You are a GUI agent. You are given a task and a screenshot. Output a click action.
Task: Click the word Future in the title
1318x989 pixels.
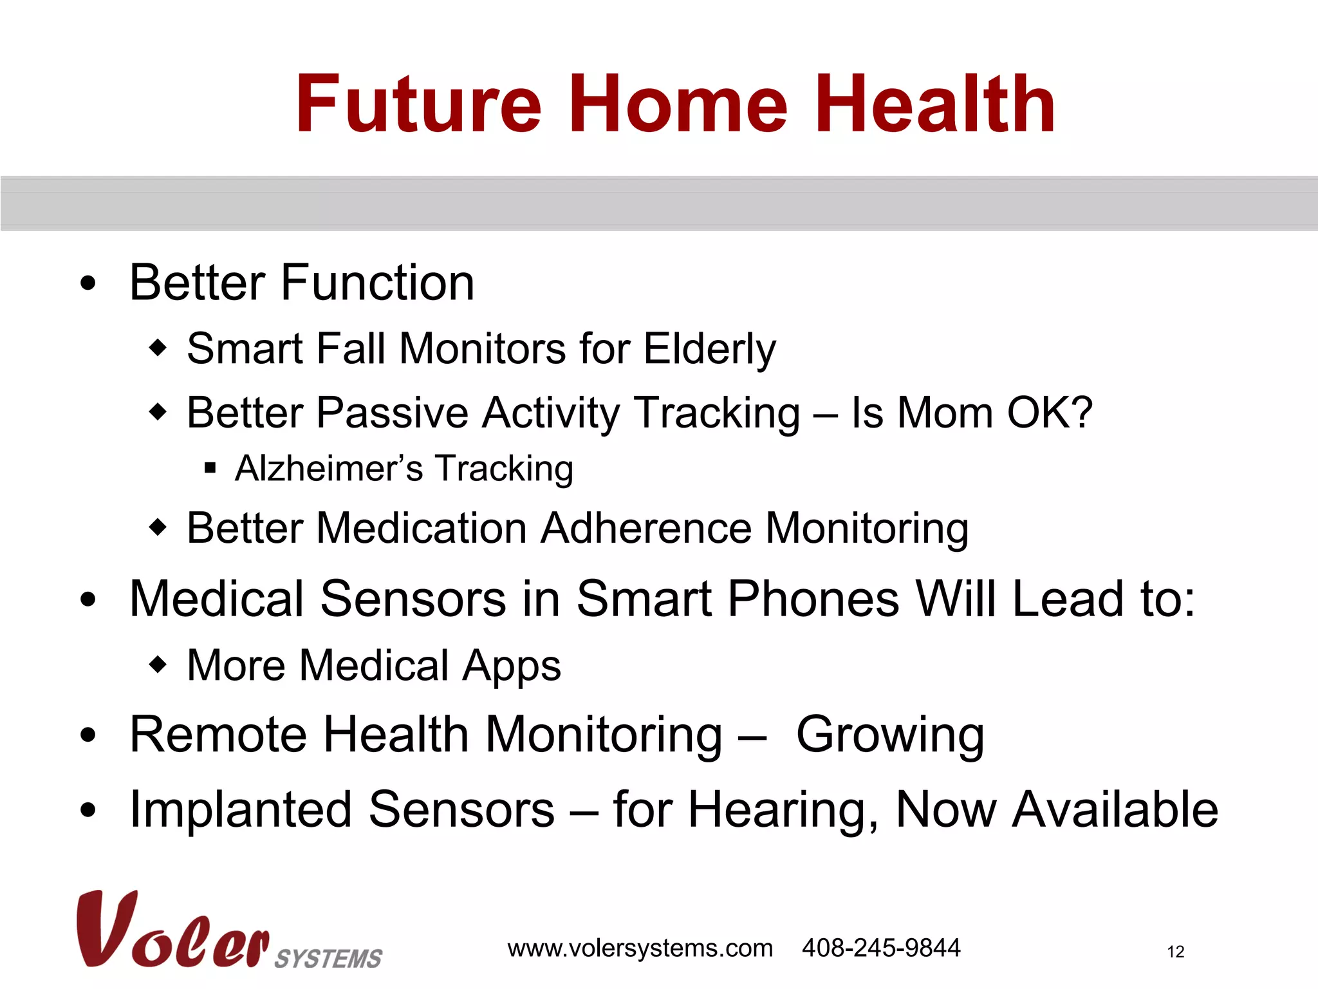point(418,104)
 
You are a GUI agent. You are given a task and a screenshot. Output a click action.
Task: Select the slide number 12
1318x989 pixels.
point(1175,952)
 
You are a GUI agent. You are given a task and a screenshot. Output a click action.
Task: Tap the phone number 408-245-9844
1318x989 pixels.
point(880,948)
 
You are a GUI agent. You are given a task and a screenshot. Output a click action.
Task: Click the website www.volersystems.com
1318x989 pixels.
point(640,948)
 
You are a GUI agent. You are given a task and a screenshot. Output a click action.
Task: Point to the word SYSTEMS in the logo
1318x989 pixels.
point(328,959)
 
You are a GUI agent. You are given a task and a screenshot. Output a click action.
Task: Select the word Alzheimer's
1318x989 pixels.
point(329,468)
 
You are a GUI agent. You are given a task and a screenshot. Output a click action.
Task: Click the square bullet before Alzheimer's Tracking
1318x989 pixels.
point(210,468)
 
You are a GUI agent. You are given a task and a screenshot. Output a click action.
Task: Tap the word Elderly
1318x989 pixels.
point(709,350)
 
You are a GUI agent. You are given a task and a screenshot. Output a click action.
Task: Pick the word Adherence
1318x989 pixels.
point(645,528)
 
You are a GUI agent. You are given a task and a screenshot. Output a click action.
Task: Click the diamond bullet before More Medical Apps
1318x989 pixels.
point(158,664)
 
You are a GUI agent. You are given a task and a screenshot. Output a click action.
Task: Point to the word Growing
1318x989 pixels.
point(890,735)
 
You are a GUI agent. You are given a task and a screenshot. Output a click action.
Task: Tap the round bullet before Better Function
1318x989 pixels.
point(88,283)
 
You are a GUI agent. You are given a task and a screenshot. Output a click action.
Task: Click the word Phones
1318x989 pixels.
point(813,599)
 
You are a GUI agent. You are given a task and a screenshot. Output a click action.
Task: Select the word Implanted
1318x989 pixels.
point(241,810)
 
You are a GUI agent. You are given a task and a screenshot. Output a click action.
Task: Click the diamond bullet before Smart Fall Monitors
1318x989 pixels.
point(158,348)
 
